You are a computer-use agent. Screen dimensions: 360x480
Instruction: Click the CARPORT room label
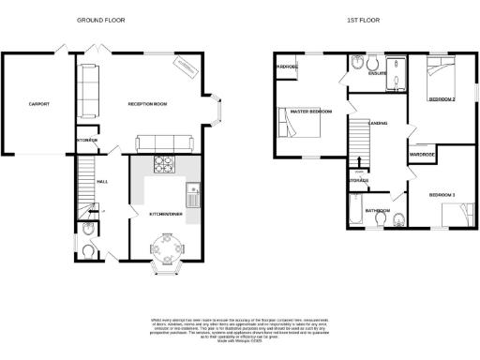point(38,104)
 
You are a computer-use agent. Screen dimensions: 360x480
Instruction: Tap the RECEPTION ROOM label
point(147,104)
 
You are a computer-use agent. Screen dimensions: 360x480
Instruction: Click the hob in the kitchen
point(164,164)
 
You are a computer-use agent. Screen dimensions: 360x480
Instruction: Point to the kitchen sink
point(194,197)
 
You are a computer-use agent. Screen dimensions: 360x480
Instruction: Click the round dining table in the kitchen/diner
point(163,251)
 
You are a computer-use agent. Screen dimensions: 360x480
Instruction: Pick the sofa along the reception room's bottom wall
point(165,143)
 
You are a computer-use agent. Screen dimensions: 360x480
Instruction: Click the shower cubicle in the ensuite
point(398,74)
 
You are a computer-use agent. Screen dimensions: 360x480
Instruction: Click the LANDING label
point(379,123)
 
